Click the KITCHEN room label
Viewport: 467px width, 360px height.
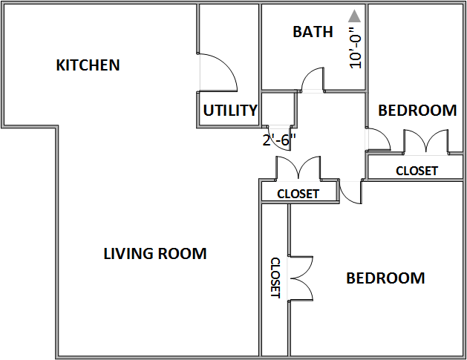pyautogui.click(x=88, y=65)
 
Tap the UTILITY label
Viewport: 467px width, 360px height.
pyautogui.click(x=230, y=111)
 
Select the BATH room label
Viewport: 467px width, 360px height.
pyautogui.click(x=313, y=31)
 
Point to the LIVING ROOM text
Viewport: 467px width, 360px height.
pyautogui.click(x=154, y=253)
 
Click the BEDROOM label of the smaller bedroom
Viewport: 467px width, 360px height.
pyautogui.click(x=417, y=111)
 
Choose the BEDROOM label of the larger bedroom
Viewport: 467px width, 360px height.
pyautogui.click(x=385, y=278)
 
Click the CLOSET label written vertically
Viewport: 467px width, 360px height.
pyautogui.click(x=274, y=278)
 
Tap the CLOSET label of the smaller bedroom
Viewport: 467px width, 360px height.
pyautogui.click(x=417, y=171)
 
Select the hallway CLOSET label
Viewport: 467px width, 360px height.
pyautogui.click(x=298, y=194)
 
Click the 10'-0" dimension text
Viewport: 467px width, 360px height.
pyautogui.click(x=356, y=48)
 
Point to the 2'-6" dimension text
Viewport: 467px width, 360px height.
pyautogui.click(x=279, y=139)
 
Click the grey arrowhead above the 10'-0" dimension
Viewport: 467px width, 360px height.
pyautogui.click(x=356, y=15)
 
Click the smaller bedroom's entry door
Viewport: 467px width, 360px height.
pyautogui.click(x=378, y=139)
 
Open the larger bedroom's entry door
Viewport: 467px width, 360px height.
pyautogui.click(x=350, y=192)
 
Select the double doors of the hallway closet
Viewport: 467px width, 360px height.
pyautogui.click(x=298, y=169)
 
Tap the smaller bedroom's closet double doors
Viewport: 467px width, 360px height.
pyautogui.click(x=425, y=141)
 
